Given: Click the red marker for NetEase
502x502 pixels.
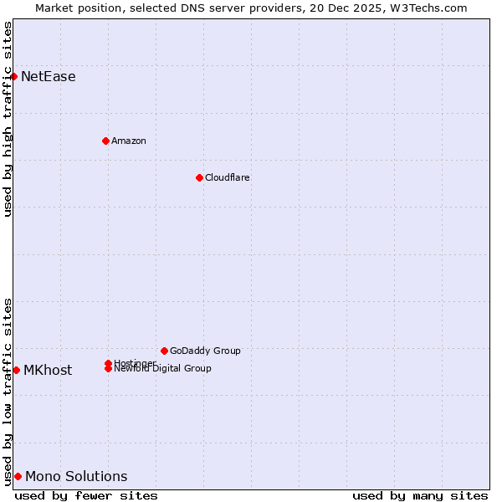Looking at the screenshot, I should pyautogui.click(x=13, y=76).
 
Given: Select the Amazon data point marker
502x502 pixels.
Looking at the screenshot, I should pyautogui.click(x=105, y=141).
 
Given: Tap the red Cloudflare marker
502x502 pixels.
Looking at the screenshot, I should pyautogui.click(x=199, y=177).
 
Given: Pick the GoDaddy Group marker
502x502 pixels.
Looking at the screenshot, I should pyautogui.click(x=164, y=351).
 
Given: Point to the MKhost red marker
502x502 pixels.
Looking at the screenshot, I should pyautogui.click(x=16, y=370).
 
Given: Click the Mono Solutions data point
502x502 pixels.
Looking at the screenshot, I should pyautogui.click(x=18, y=476).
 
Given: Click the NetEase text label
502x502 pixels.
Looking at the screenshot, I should pyautogui.click(x=49, y=77).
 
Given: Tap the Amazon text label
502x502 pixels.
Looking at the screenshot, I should pyautogui.click(x=129, y=141).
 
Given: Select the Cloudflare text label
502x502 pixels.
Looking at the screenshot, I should pyautogui.click(x=228, y=177).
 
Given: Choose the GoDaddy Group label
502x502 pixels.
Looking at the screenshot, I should pyautogui.click(x=205, y=351).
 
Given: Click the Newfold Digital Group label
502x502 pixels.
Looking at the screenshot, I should pyautogui.click(x=163, y=369).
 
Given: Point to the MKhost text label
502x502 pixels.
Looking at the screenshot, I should pyautogui.click(x=48, y=371).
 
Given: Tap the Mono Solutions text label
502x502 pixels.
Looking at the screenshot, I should pyautogui.click(x=76, y=477).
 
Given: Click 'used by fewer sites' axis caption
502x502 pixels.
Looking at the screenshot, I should pyautogui.click(x=86, y=495).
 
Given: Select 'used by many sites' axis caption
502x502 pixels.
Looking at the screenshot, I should pyautogui.click(x=420, y=495).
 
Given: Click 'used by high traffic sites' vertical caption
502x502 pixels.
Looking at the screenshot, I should pyautogui.click(x=8, y=119).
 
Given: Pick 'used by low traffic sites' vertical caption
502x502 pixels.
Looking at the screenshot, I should pyautogui.click(x=8, y=391).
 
